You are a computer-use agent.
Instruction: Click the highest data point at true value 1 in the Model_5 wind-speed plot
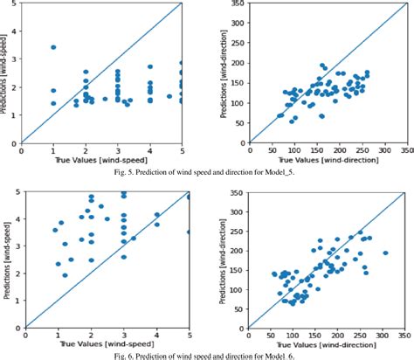(53, 47)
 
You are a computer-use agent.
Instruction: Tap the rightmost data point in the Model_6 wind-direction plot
(385, 252)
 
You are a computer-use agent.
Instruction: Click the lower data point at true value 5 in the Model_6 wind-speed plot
(190, 232)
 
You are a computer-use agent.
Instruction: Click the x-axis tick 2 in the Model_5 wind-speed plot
(86, 149)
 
